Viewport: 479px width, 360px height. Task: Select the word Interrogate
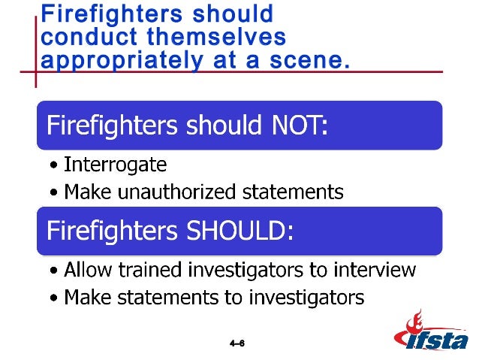pyautogui.click(x=115, y=164)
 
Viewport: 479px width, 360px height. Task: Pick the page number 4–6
pyautogui.click(x=237, y=343)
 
